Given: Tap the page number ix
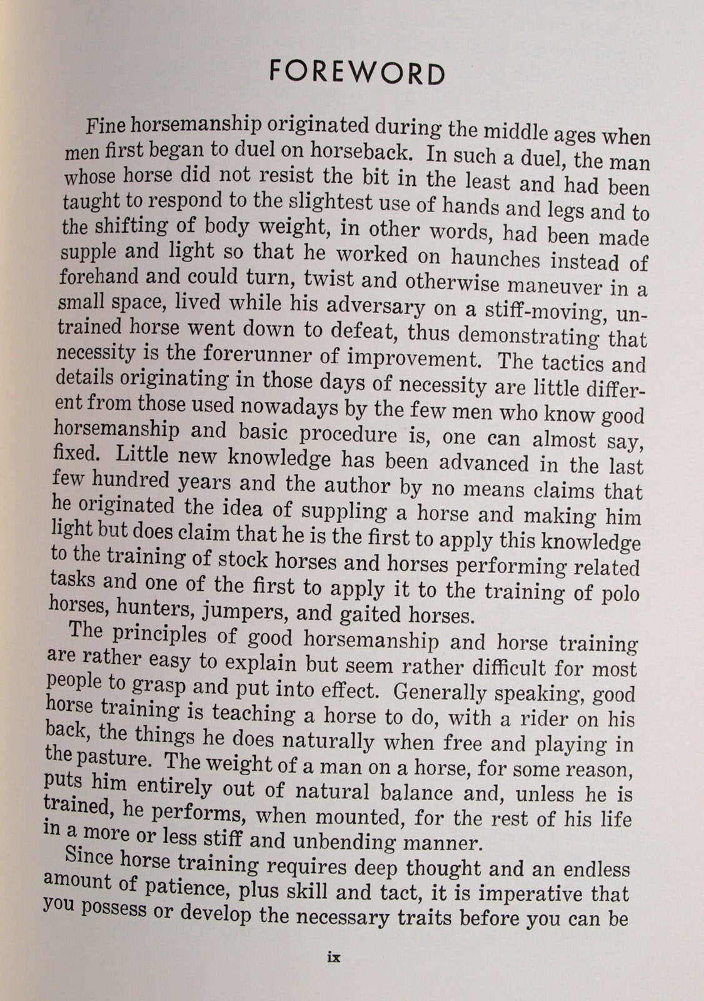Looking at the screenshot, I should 333,957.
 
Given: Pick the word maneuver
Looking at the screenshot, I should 560,286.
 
